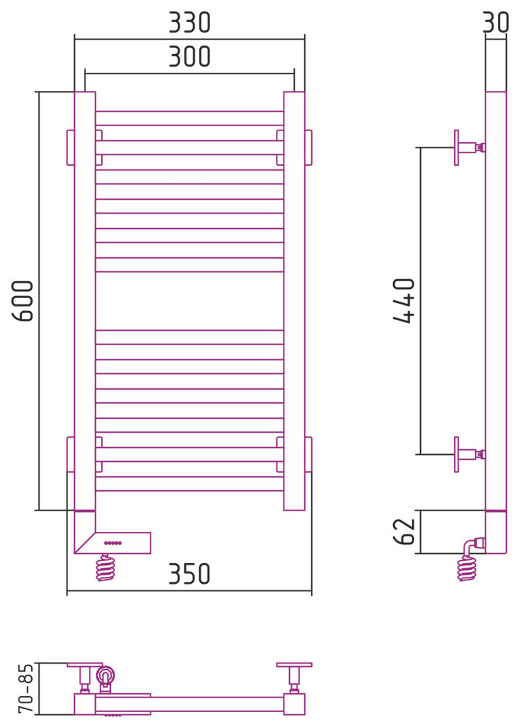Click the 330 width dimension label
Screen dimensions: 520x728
coord(189,22)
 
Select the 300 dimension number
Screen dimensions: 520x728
coord(189,56)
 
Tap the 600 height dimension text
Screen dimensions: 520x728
coord(23,300)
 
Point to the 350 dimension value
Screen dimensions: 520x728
coord(189,574)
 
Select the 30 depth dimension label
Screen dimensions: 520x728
coord(496,22)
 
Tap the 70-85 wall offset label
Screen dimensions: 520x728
coord(26,688)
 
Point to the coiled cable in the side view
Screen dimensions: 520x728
coord(467,569)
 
